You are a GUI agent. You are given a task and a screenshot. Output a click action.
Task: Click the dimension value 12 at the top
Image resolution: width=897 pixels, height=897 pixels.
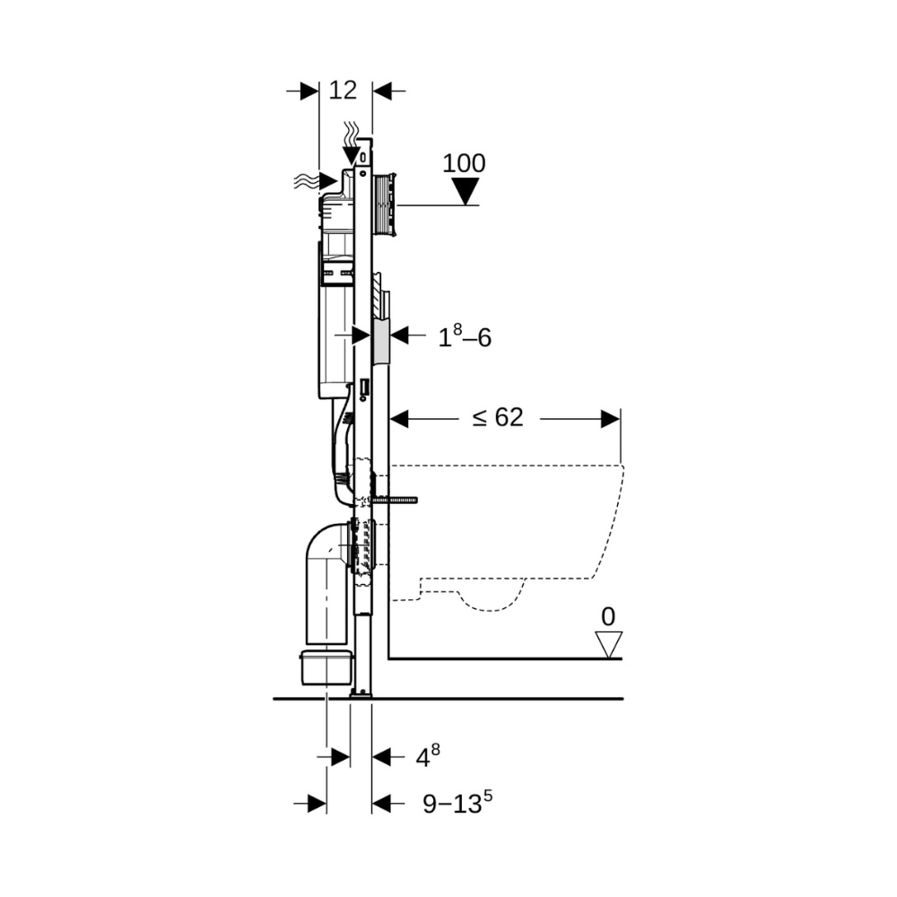[x=343, y=91]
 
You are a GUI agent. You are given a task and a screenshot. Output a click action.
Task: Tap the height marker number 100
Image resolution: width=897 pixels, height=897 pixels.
[x=464, y=163]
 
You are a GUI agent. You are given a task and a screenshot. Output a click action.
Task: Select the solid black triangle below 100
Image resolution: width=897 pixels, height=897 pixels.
[x=465, y=191]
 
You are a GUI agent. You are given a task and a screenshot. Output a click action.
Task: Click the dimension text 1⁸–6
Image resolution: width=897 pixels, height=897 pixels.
[x=465, y=336]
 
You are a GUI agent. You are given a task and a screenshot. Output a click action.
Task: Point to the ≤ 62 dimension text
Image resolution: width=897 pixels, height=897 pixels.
[x=498, y=418]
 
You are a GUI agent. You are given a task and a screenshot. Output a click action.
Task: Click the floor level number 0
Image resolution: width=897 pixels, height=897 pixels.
[x=608, y=617]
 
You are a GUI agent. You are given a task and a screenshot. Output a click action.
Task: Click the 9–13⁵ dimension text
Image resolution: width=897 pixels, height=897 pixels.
[x=457, y=802]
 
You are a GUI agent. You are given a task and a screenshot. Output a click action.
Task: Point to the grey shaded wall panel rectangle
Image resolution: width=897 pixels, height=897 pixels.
[x=380, y=342]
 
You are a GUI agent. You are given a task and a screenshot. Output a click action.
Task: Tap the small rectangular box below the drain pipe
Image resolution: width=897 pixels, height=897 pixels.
[x=327, y=667]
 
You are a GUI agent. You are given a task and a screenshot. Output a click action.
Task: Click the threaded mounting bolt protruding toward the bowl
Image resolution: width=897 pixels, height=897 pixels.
[x=395, y=500]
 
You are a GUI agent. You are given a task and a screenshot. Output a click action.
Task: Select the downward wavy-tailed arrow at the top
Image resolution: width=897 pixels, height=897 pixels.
[x=352, y=144]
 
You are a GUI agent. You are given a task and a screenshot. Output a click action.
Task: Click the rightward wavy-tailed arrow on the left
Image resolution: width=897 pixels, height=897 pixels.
[x=315, y=181]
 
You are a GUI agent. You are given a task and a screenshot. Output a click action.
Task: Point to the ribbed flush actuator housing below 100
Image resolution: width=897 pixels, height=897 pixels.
[x=384, y=204]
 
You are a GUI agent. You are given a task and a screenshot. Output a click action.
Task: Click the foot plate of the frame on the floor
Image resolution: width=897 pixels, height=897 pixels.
[x=361, y=694]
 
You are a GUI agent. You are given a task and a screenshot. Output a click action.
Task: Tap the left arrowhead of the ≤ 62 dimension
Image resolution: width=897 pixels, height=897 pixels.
[x=399, y=419]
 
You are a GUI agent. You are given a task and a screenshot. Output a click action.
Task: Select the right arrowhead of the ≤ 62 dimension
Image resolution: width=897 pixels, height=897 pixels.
[x=611, y=419]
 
